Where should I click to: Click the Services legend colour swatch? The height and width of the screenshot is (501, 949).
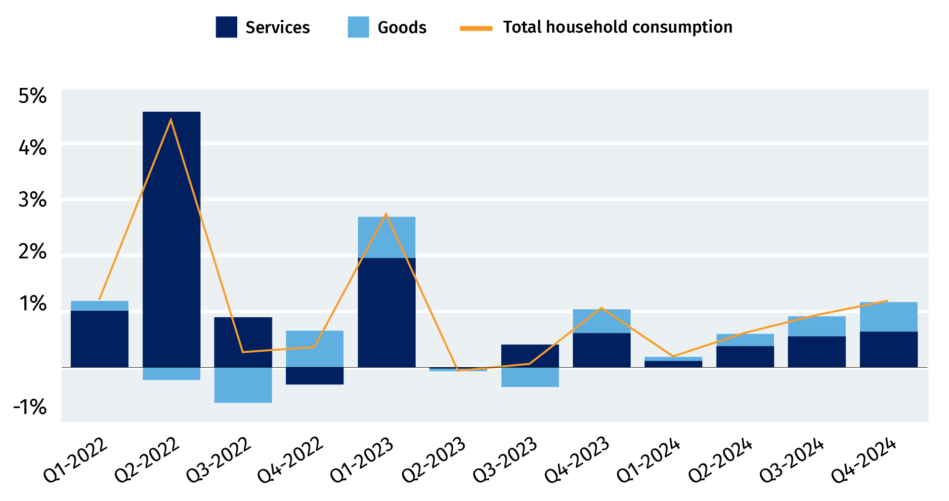point(226,27)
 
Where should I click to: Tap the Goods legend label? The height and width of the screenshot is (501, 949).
point(402,27)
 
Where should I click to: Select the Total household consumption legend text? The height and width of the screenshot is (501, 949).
point(617,27)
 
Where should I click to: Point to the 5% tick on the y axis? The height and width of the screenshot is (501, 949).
point(33,96)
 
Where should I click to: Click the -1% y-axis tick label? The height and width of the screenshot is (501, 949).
point(30,408)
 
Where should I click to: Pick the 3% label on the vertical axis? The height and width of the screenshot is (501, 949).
point(33,200)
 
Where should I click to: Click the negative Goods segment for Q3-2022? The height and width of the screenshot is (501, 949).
point(243,385)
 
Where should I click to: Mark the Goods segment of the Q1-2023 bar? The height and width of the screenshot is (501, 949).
point(387,237)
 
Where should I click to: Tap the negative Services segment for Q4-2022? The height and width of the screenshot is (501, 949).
point(315,376)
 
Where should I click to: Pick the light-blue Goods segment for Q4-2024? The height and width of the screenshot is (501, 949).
point(889,317)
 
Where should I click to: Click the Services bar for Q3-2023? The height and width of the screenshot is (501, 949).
point(530,356)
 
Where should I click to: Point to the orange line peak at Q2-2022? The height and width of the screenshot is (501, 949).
point(171,120)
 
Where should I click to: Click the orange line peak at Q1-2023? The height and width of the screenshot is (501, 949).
point(386,214)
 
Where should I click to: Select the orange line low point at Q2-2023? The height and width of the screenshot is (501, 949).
point(458,370)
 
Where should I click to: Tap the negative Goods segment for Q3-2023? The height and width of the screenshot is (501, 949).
point(530,377)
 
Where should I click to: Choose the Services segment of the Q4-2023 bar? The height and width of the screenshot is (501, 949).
point(602,350)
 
